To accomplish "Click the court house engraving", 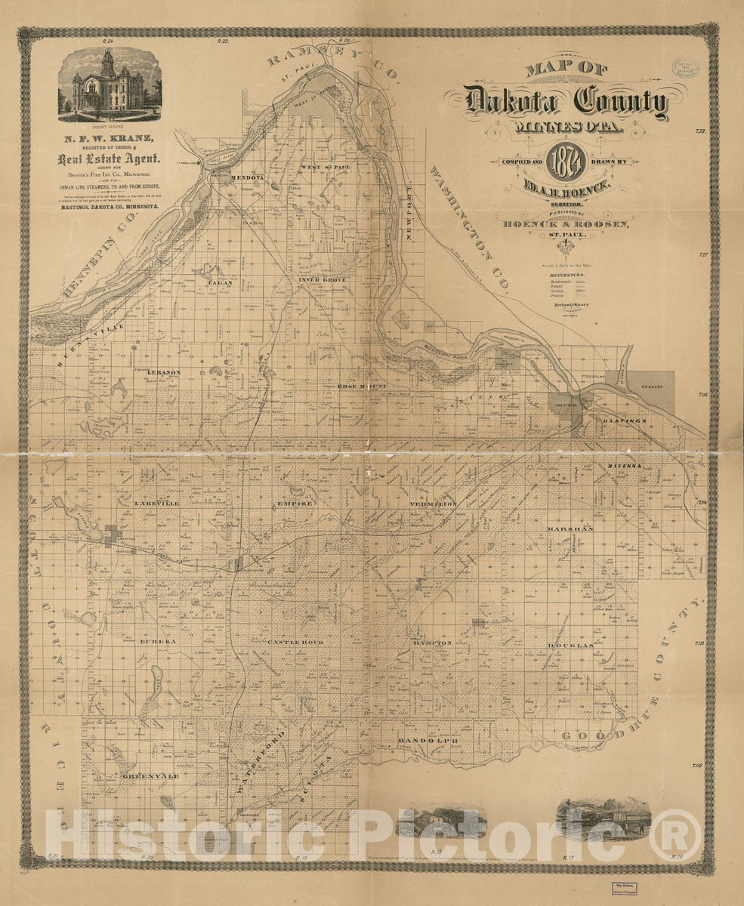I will tap(110, 85).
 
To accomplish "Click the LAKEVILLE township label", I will tap(156, 503).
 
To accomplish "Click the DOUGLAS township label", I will tap(576, 646).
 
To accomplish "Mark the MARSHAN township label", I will tap(570, 528).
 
